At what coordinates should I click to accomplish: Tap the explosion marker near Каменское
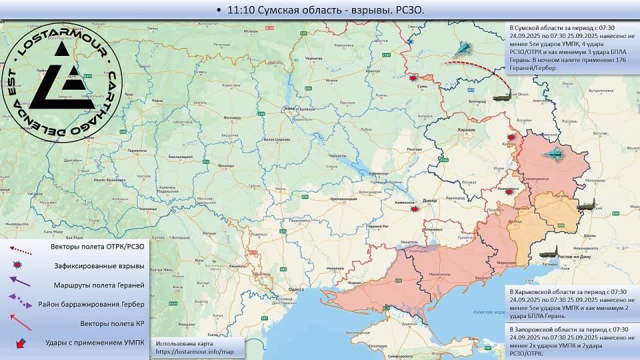point(415,209)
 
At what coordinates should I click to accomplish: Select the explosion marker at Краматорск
point(509,189)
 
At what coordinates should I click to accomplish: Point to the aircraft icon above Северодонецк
point(554,155)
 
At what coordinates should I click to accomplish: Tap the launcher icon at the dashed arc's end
point(502,97)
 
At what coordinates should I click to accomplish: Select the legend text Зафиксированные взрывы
point(99,265)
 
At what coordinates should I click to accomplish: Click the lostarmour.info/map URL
point(195,351)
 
